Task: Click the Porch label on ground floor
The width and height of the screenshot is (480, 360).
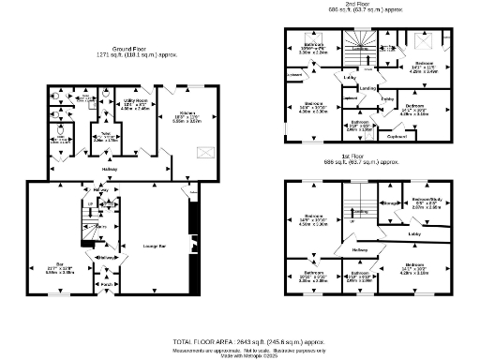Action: pos(107,283)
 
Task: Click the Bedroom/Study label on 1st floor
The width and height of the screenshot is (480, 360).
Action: pos(427,200)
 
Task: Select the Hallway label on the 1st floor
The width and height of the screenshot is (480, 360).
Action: pos(360,249)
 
